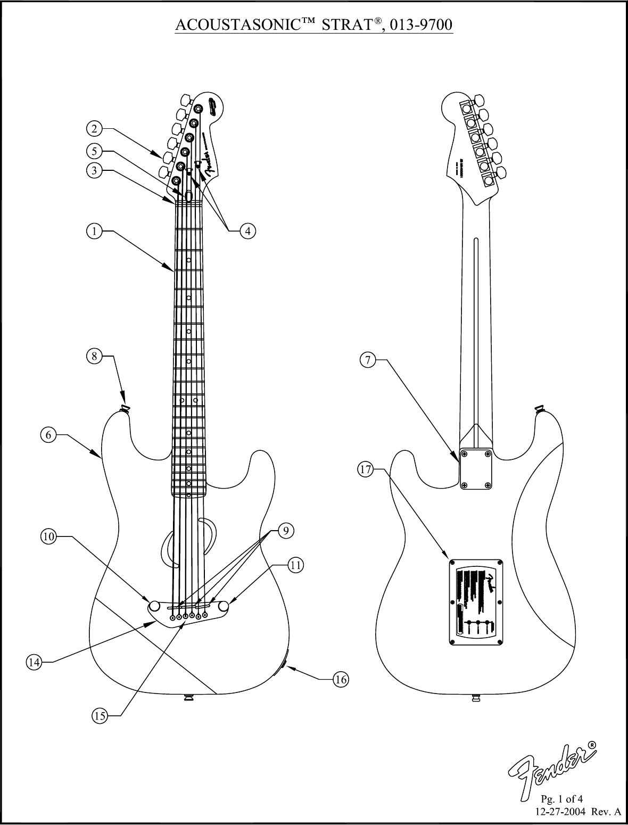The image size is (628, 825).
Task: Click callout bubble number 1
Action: click(x=94, y=231)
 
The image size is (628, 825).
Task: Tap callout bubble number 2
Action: click(x=94, y=128)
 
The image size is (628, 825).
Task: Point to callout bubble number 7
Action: click(x=367, y=360)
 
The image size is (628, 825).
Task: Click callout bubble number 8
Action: click(x=94, y=357)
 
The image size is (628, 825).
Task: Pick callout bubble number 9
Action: click(x=286, y=530)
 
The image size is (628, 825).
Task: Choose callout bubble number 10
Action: click(x=48, y=537)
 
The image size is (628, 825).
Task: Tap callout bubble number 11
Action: click(x=296, y=565)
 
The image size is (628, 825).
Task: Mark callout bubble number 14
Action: click(x=34, y=662)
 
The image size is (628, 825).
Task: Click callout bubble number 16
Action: click(x=341, y=679)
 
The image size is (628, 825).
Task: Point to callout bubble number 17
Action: click(x=365, y=469)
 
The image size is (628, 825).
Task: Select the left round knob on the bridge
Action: click(x=155, y=606)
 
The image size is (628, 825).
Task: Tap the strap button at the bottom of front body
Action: click(x=188, y=698)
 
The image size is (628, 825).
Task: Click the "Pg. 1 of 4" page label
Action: click(x=562, y=799)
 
